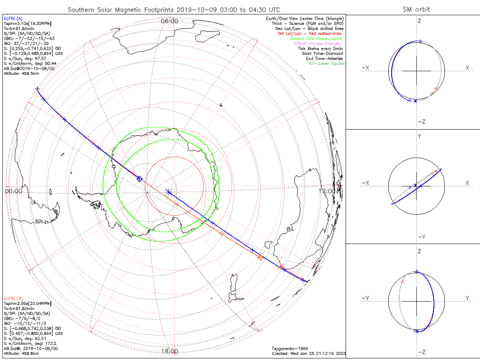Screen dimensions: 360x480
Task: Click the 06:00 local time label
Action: [x=170, y=21]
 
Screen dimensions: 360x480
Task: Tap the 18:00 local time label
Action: [x=170, y=351]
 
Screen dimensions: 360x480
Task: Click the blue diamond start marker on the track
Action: [x=139, y=179]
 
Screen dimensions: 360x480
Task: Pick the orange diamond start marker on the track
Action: [x=260, y=258]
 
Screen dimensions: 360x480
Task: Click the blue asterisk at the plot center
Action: [x=168, y=192]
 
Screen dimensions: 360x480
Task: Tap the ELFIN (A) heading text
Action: [x=13, y=18]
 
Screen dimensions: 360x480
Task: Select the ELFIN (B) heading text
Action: [x=13, y=298]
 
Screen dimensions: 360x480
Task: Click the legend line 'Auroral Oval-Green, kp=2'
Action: [x=316, y=38]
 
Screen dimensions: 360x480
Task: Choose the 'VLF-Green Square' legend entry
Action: [x=326, y=64]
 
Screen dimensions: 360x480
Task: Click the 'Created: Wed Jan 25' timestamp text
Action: [x=308, y=353]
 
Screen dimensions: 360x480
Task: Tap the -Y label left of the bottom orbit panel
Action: [x=365, y=298]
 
